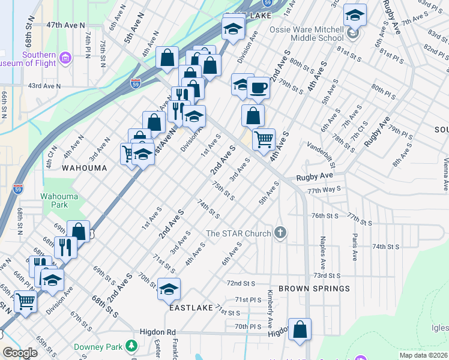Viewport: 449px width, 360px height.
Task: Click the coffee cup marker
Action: coord(258,88)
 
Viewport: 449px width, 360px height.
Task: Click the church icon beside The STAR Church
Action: coord(280,233)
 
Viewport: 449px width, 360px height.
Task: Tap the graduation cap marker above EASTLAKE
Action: coord(169,289)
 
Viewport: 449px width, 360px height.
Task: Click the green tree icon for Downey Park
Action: coord(131,346)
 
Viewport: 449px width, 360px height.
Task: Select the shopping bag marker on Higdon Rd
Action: coord(300,329)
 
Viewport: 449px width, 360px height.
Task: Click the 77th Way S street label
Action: coord(324,190)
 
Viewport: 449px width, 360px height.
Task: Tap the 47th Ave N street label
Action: coord(65,25)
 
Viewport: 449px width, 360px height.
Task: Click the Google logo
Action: coord(20,353)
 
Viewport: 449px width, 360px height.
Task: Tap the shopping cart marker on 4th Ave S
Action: coord(264,139)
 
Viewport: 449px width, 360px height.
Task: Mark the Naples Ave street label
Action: coord(323,249)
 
